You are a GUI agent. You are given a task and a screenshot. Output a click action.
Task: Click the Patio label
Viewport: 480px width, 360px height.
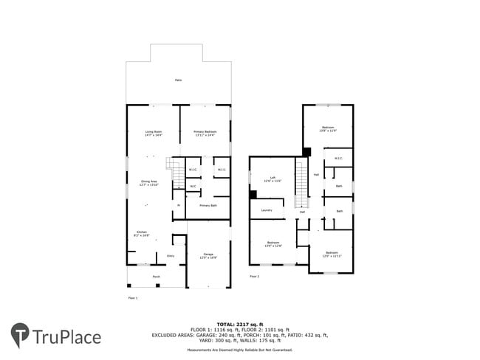point(178,80)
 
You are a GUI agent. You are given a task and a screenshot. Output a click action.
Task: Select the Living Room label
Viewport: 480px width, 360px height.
point(154,134)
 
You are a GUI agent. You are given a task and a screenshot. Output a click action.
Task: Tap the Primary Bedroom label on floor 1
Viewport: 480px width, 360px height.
point(205,134)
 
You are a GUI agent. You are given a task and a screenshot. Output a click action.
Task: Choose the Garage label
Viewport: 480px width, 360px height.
point(208,256)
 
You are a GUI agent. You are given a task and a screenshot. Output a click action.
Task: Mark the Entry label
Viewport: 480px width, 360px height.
point(171,256)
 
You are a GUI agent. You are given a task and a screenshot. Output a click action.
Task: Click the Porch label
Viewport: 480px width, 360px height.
point(156,277)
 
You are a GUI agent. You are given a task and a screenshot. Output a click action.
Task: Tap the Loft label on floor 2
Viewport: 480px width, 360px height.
point(273,179)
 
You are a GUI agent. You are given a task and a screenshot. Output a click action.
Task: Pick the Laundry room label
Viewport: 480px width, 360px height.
point(267,210)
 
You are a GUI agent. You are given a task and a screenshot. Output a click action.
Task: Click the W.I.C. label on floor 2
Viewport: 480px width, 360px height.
point(338,158)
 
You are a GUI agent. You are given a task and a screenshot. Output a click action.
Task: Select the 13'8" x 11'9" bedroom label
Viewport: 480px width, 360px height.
point(329,130)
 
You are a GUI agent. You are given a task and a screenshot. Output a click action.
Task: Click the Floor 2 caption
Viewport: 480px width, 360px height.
point(254,277)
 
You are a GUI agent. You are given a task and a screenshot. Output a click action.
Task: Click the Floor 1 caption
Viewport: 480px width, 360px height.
point(133,297)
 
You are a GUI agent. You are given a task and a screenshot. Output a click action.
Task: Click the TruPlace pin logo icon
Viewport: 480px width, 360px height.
point(19,336)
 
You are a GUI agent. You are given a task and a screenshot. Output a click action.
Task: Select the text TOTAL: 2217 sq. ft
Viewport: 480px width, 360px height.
point(240,324)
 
